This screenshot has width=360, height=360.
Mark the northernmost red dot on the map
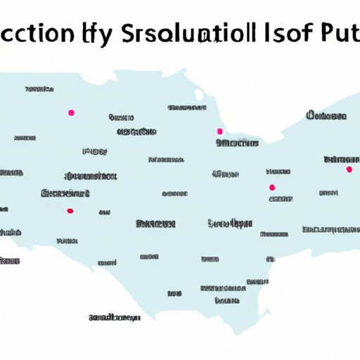70,112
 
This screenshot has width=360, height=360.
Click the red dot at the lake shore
219,131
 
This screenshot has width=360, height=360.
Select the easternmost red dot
349,169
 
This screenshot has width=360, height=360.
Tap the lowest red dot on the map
69,210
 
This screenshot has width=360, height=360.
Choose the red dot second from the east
272,187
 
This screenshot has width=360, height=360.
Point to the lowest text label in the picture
115,318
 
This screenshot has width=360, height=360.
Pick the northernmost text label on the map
39,90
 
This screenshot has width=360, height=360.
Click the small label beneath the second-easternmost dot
279,199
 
